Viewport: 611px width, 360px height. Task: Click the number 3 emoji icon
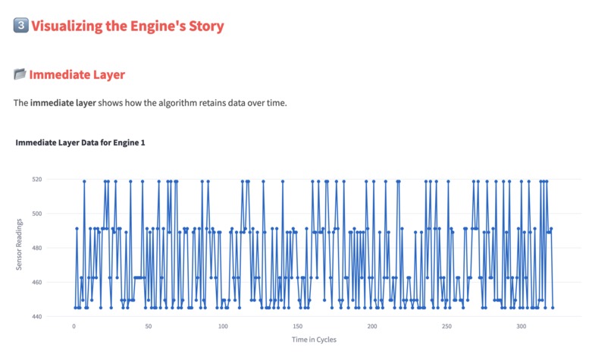pyautogui.click(x=21, y=26)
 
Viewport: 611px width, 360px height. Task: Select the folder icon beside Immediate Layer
pyautogui.click(x=20, y=74)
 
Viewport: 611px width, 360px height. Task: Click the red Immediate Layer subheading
pyautogui.click(x=77, y=74)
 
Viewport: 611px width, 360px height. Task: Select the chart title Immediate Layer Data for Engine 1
pyautogui.click(x=80, y=142)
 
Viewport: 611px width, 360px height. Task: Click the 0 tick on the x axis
pyautogui.click(x=74, y=327)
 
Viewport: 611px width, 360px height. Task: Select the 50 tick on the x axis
pyautogui.click(x=148, y=327)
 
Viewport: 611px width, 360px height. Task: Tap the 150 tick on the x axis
pyautogui.click(x=297, y=327)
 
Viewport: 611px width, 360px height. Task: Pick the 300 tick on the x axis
pyautogui.click(x=521, y=327)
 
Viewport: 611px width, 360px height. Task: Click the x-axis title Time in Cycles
pyautogui.click(x=314, y=340)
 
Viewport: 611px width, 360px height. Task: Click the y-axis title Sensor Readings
pyautogui.click(x=19, y=248)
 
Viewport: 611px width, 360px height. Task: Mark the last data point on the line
pyautogui.click(x=553, y=308)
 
